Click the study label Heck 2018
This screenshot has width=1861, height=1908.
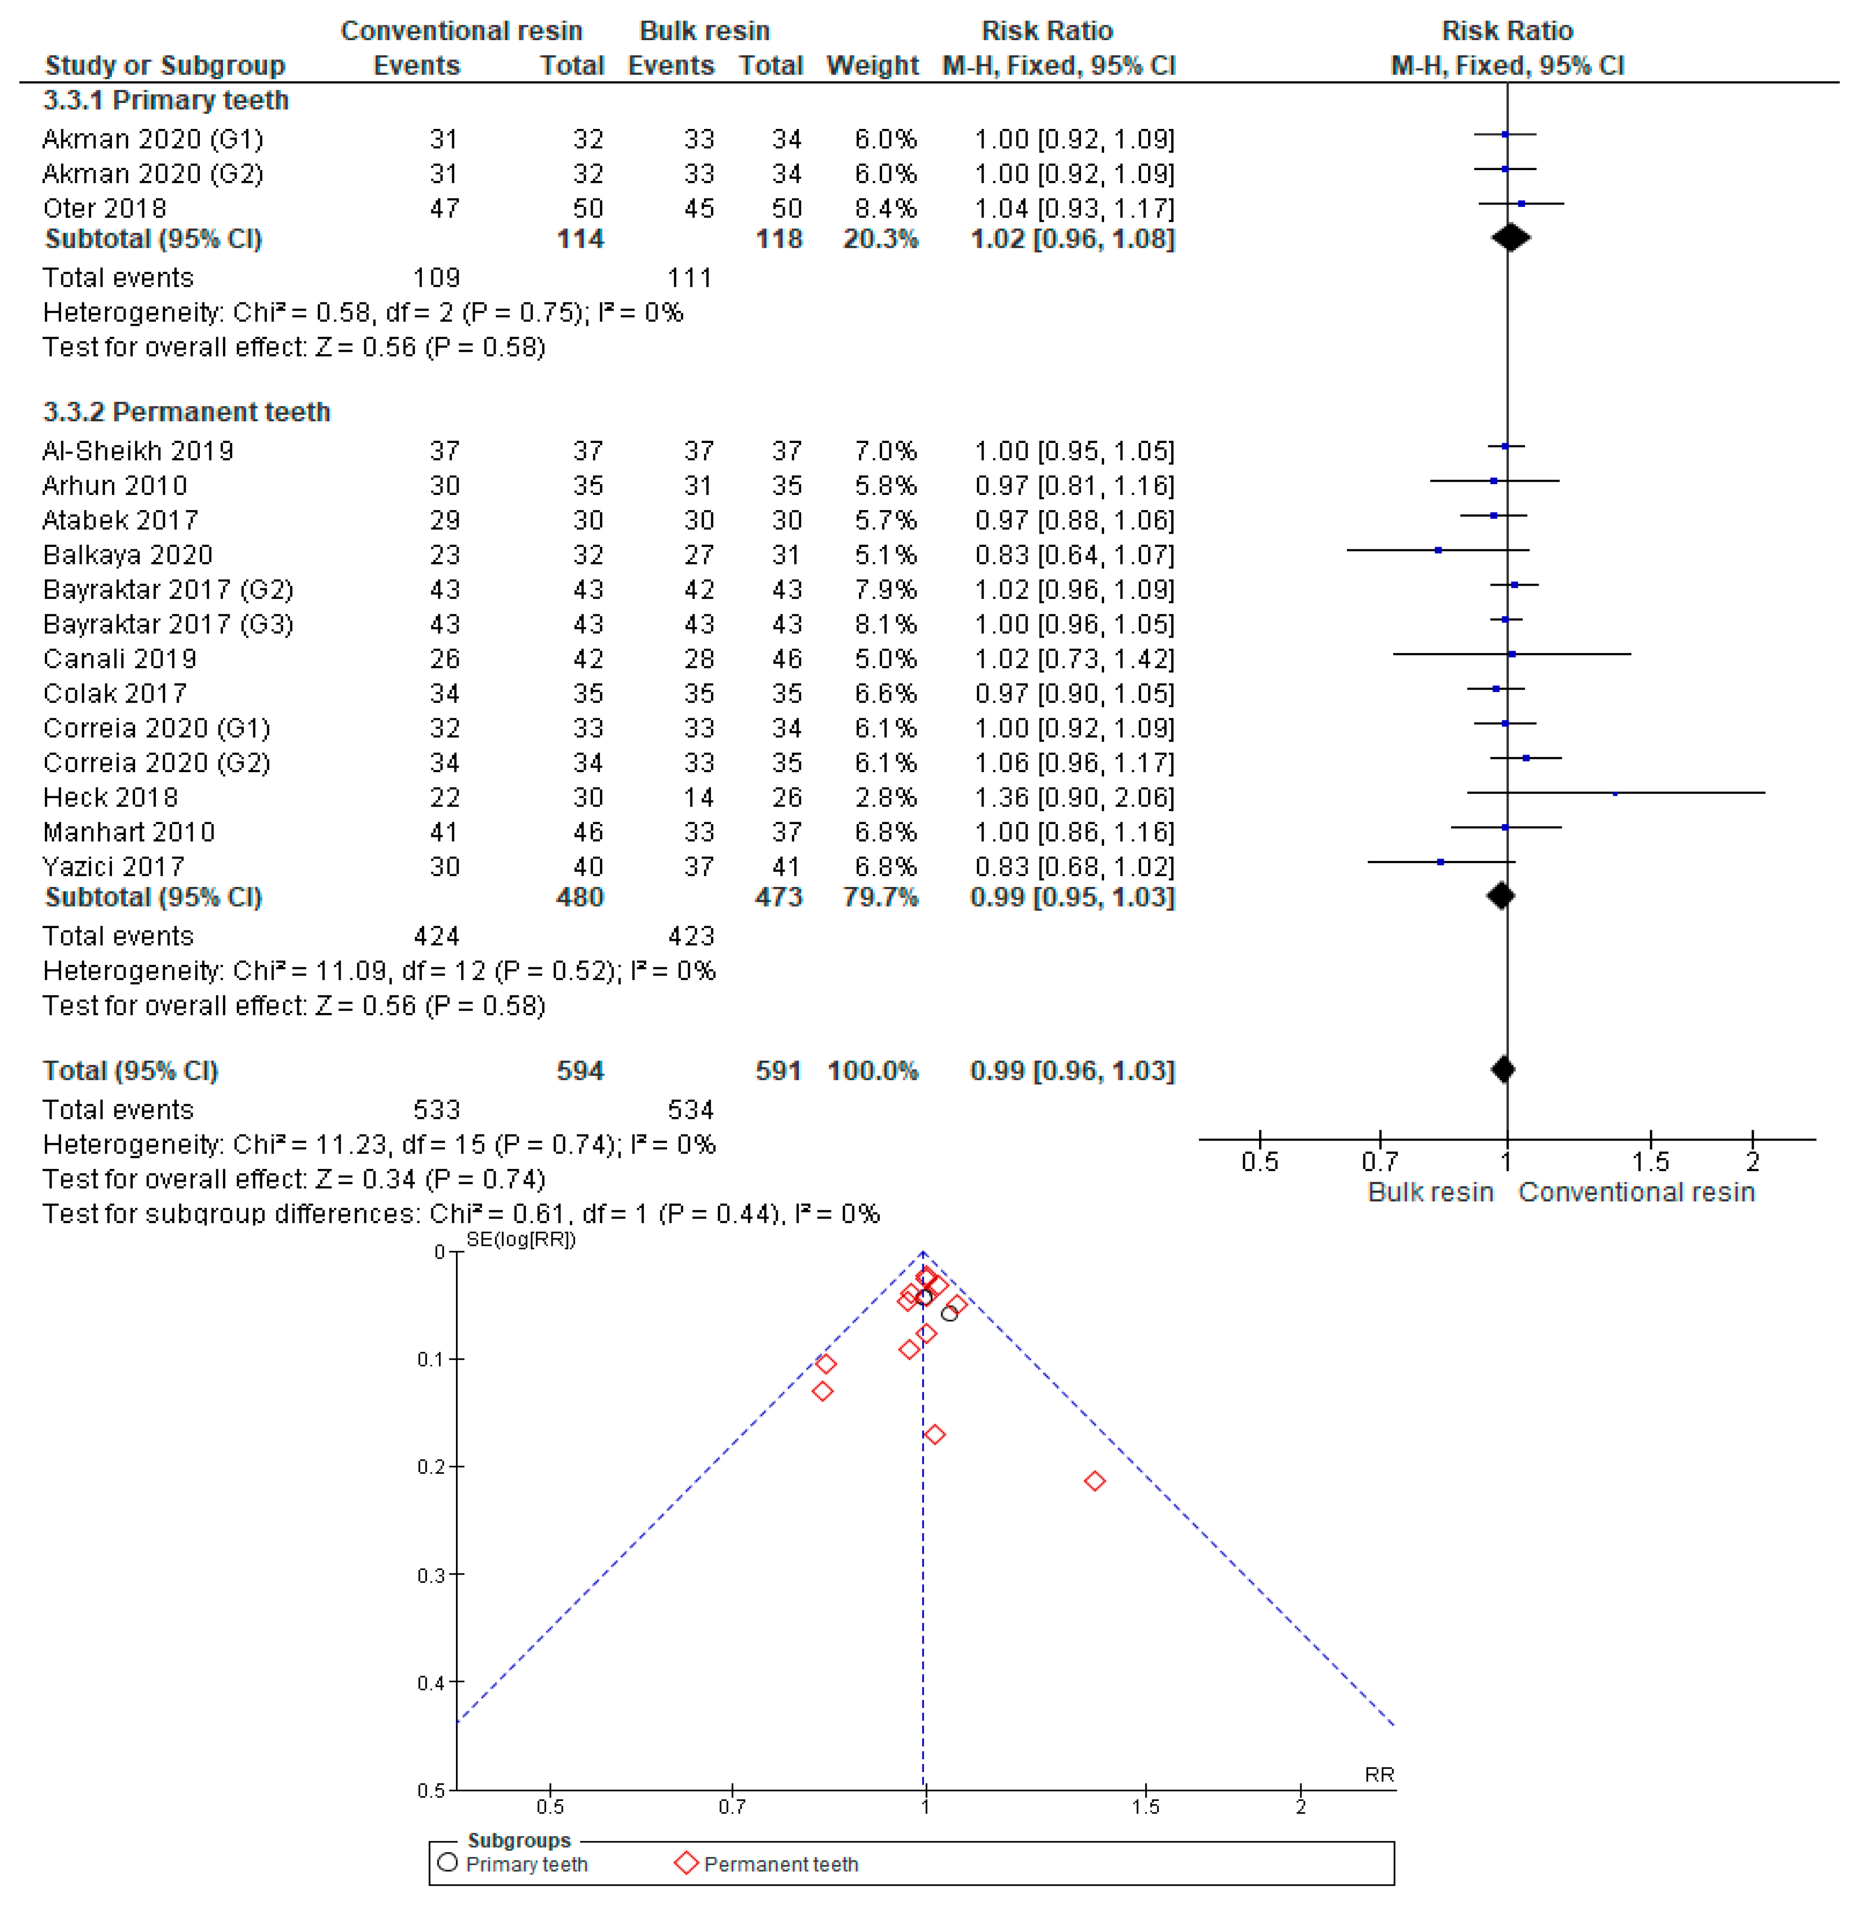click(111, 797)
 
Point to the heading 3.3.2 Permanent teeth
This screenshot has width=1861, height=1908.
click(186, 411)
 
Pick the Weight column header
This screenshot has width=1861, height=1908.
click(872, 66)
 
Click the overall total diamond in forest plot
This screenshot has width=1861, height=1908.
click(1503, 1070)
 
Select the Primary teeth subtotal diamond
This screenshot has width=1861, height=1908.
click(1510, 238)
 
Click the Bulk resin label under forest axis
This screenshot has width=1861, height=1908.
click(1430, 1192)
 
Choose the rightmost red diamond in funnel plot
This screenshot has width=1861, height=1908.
click(1095, 1481)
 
